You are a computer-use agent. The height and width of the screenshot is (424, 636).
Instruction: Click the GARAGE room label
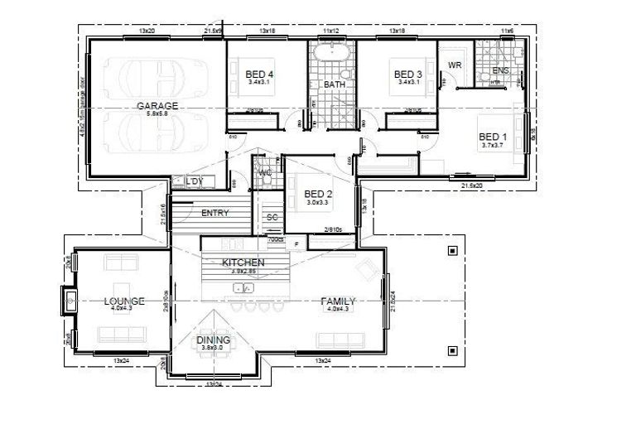pyautogui.click(x=157, y=106)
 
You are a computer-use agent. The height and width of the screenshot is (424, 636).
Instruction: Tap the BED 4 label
pyautogui.click(x=260, y=75)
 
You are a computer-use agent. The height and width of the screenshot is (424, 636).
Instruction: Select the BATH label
pyautogui.click(x=335, y=84)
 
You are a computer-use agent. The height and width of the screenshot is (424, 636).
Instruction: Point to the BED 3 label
pyautogui.click(x=408, y=75)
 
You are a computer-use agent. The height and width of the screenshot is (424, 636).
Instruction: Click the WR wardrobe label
pyautogui.click(x=455, y=65)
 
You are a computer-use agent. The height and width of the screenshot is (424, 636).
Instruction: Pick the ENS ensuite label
pyautogui.click(x=500, y=71)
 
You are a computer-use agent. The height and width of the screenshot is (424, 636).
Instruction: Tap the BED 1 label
pyautogui.click(x=493, y=137)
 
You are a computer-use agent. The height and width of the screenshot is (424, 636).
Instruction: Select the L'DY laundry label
pyautogui.click(x=195, y=181)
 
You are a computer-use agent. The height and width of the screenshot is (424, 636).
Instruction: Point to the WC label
pyautogui.click(x=266, y=172)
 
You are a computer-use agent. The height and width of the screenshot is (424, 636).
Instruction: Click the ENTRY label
pyautogui.click(x=215, y=213)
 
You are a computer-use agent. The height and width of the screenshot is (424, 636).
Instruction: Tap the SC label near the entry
pyautogui.click(x=271, y=218)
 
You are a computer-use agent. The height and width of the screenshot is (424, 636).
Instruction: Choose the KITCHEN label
pyautogui.click(x=243, y=263)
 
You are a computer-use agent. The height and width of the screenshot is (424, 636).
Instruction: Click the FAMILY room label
pyautogui.click(x=339, y=301)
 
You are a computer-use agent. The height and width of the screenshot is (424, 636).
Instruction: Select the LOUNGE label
pyautogui.click(x=124, y=301)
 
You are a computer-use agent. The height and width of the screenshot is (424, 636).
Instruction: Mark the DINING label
pyautogui.click(x=214, y=340)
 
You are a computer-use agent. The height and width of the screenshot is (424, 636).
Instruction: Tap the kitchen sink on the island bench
pyautogui.click(x=243, y=287)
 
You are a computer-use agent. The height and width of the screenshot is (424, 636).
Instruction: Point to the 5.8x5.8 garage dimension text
pyautogui.click(x=157, y=114)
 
